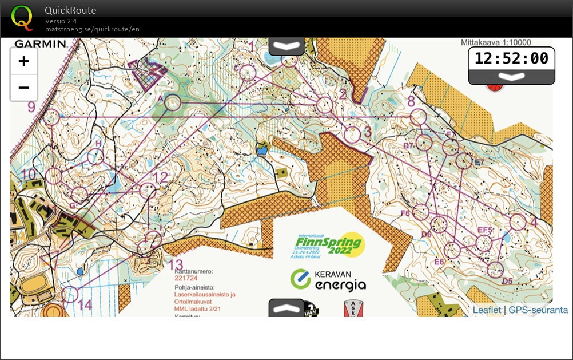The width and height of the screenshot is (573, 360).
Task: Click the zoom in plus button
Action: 23,61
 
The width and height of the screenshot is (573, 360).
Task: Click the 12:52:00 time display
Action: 511,58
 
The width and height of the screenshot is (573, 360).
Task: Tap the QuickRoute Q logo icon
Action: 22,17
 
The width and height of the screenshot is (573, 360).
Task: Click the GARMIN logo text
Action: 41,43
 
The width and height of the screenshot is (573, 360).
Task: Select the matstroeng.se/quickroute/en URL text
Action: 92,29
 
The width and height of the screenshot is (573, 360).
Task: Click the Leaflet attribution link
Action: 486,310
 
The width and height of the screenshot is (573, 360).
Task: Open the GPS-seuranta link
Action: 538,310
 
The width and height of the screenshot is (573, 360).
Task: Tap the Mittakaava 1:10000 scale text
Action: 496,42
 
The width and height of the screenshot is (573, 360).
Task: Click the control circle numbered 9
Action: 52,117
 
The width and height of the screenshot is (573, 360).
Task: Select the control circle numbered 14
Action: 70,295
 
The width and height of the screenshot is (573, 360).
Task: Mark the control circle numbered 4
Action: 518,221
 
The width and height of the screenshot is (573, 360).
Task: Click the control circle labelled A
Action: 173,102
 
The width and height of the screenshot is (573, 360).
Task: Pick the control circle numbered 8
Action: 419,117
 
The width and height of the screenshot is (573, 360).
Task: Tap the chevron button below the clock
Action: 511,77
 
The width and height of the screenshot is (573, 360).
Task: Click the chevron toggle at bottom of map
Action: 286,308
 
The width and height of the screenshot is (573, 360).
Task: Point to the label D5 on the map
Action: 507,281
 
